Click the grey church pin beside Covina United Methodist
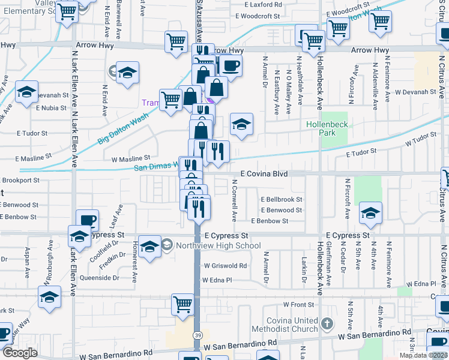tap(327, 323)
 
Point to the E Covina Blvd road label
tap(264, 173)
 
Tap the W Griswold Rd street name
tap(225, 265)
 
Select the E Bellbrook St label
tap(281, 199)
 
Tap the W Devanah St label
tap(415, 92)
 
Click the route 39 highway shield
tap(197, 335)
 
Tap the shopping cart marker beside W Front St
tap(182, 304)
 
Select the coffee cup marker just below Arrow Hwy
tap(231, 65)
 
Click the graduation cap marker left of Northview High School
tap(149, 246)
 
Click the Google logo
tap(20, 353)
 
